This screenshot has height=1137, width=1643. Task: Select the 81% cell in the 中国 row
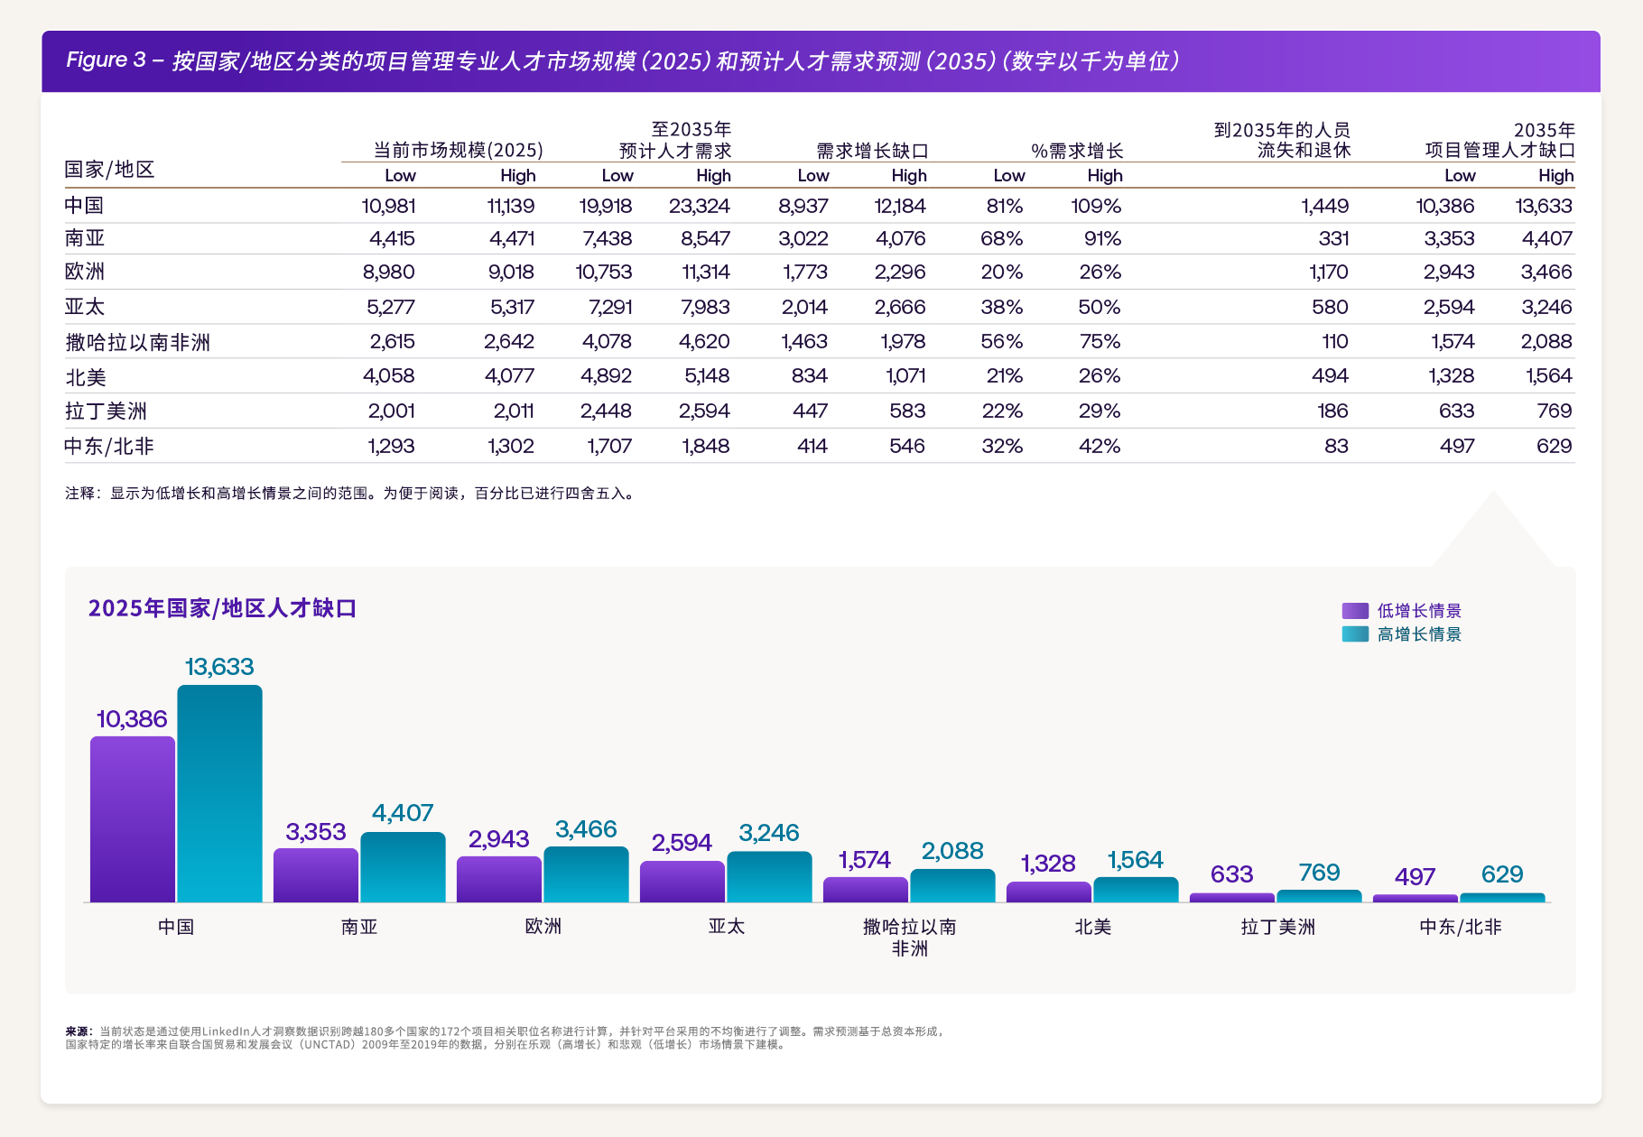click(x=1004, y=206)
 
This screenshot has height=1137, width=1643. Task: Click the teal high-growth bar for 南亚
click(x=403, y=866)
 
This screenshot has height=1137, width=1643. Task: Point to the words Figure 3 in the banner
click(x=106, y=60)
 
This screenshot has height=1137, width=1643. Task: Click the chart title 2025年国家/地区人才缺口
click(x=222, y=608)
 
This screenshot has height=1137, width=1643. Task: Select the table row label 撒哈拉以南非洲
click(x=137, y=342)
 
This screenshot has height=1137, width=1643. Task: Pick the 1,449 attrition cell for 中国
click(x=1324, y=206)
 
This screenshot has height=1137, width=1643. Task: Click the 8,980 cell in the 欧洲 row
click(x=388, y=272)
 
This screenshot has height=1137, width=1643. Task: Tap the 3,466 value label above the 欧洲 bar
click(x=586, y=829)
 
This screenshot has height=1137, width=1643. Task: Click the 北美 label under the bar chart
click(x=1092, y=927)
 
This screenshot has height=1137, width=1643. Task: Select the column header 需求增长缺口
click(x=872, y=151)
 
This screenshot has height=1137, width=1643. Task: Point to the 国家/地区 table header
click(x=109, y=170)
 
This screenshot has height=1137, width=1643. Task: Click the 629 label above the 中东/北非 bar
click(x=1502, y=874)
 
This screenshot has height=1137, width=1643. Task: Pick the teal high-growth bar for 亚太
click(x=769, y=876)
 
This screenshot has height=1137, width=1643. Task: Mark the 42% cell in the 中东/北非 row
click(x=1099, y=446)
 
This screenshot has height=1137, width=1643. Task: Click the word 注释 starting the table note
click(x=79, y=494)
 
